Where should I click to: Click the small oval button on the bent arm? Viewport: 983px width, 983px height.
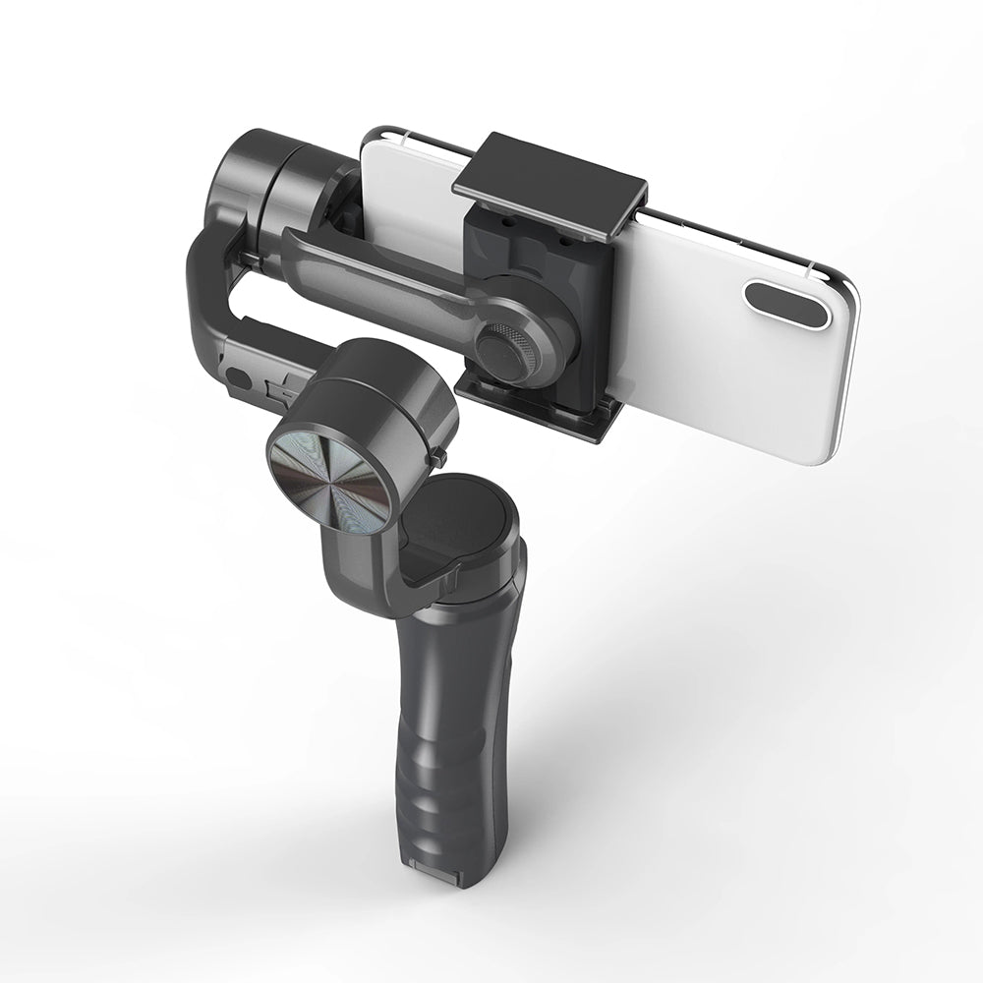tap(236, 376)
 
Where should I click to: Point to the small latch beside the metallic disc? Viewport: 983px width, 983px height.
tap(436, 458)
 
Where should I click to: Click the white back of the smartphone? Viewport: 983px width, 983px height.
tap(708, 334)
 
